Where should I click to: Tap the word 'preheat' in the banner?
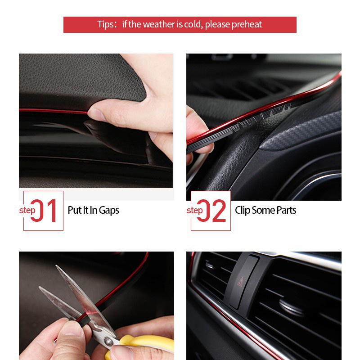(247, 24)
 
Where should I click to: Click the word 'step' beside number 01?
(27, 211)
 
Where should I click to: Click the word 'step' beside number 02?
(195, 211)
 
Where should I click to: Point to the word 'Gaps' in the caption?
(109, 210)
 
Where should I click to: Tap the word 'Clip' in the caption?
(243, 210)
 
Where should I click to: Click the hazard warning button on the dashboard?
(243, 282)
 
